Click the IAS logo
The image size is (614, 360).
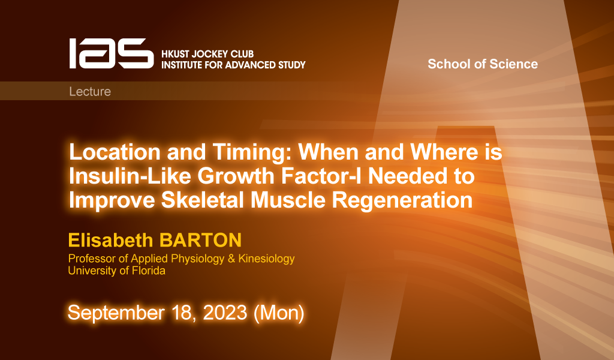112,53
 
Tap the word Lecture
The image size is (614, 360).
90,91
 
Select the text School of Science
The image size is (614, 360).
483,64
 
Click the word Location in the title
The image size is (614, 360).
115,152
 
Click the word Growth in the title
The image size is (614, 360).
236,176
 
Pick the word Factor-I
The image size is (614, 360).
321,176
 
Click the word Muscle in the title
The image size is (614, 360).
288,200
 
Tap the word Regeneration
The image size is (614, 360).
402,200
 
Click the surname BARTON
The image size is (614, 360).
200,240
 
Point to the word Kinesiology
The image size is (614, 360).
266,259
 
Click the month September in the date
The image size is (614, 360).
116,313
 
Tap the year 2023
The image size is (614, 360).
225,313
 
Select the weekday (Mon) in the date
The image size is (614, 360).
279,313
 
